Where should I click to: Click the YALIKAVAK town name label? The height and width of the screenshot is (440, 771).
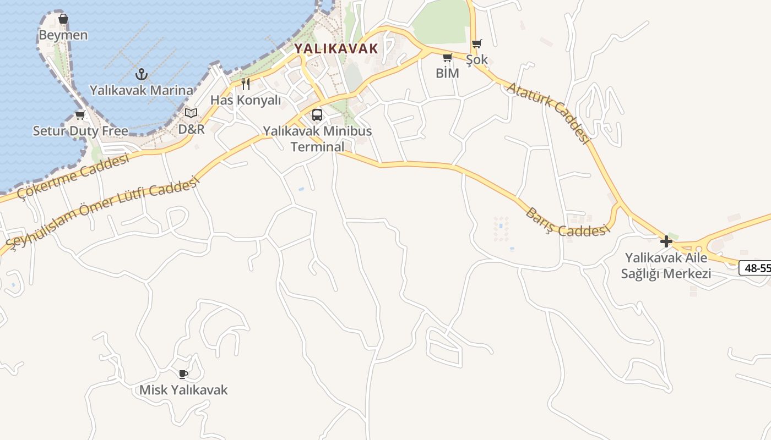[x=336, y=48]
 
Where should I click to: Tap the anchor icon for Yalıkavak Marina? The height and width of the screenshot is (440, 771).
[x=142, y=74]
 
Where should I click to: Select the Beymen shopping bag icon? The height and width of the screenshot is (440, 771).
[x=63, y=19]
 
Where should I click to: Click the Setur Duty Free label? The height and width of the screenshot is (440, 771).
[x=80, y=131]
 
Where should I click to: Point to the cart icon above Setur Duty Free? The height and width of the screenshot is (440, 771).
[x=80, y=115]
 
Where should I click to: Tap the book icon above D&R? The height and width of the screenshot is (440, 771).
[x=191, y=113]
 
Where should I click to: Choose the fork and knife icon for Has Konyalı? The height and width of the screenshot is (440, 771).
[x=246, y=84]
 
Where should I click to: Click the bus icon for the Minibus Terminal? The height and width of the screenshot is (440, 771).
[x=317, y=115]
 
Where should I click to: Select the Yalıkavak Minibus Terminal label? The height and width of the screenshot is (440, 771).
[x=317, y=139]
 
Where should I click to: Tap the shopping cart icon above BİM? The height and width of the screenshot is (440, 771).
[x=447, y=57]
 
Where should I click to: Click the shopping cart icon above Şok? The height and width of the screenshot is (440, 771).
[x=477, y=43]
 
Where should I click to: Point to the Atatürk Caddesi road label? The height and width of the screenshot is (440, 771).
[x=549, y=113]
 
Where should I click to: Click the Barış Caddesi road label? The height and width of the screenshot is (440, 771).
[x=568, y=223]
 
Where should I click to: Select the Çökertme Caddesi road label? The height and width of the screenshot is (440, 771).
[x=73, y=176]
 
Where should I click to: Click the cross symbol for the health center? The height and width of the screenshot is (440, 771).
[x=666, y=241]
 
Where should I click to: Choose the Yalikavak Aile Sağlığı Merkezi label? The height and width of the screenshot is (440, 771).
[x=666, y=266]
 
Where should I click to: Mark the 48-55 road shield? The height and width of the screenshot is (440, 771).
[x=756, y=268]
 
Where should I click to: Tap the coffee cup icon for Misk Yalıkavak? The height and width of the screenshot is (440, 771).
[x=183, y=375]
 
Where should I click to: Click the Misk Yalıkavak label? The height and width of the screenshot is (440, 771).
[x=183, y=390]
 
